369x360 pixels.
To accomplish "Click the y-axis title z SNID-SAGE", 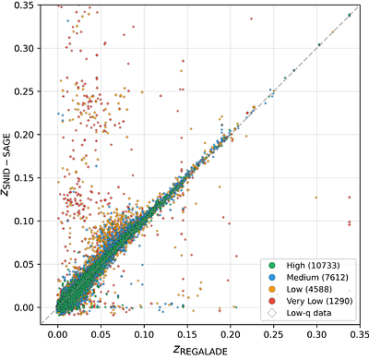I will click(x=11, y=162).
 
